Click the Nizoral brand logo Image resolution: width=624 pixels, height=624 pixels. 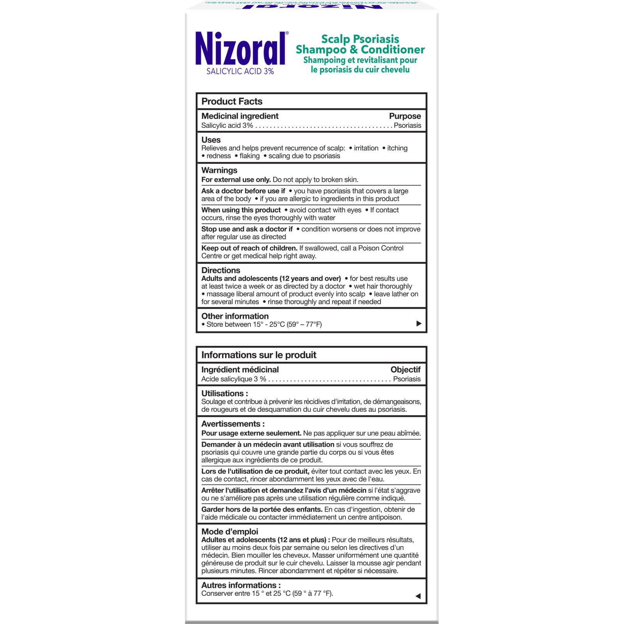241,48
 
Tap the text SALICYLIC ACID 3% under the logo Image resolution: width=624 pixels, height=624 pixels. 240,71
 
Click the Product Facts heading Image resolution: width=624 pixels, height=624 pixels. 232,101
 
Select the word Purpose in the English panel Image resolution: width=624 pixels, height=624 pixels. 405,116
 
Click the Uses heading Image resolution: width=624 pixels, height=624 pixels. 211,140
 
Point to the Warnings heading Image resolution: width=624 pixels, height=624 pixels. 219,170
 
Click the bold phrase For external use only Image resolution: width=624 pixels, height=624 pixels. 236,180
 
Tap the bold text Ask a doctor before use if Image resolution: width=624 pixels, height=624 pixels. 243,191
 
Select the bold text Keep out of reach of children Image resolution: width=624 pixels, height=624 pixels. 249,248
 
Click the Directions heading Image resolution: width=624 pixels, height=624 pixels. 221,270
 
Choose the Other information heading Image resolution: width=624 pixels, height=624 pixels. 235,316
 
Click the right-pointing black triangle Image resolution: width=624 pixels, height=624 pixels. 419,323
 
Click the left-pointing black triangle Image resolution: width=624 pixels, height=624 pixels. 418,596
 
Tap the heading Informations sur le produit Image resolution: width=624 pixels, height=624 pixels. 259,355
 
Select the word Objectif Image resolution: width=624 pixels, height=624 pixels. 406,370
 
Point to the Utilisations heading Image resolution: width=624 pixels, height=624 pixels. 225,394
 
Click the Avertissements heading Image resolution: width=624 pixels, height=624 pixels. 233,424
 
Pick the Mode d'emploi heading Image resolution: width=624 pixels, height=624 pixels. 230,532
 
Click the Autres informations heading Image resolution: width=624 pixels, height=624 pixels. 241,585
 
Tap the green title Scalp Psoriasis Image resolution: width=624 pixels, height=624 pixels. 360,39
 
